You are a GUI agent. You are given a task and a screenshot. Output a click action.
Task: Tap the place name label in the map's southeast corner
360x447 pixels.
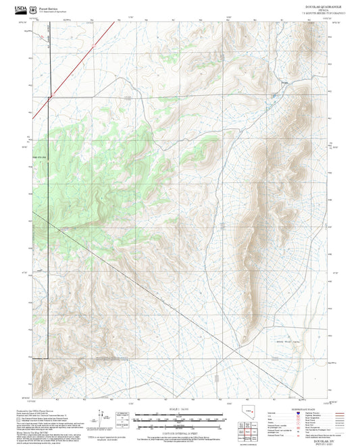coord(285,342)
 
